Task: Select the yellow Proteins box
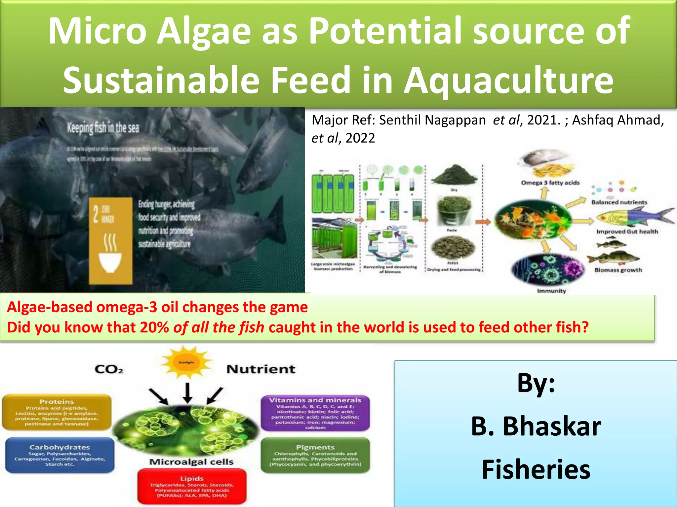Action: pos(57,412)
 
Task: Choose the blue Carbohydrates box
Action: pos(60,455)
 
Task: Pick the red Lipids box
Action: pos(192,487)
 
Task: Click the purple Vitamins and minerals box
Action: pos(315,413)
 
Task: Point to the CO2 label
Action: pos(109,369)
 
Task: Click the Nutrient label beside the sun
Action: pos(261,369)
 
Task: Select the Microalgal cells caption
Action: pos(191,462)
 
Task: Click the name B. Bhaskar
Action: pos(536,426)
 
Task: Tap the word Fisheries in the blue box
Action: pos(536,469)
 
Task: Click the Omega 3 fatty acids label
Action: pos(550,183)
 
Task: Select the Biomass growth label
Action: pos(618,270)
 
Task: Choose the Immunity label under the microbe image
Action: pos(551,291)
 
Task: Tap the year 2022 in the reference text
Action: pos(360,138)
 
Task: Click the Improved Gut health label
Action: pos(627,232)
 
